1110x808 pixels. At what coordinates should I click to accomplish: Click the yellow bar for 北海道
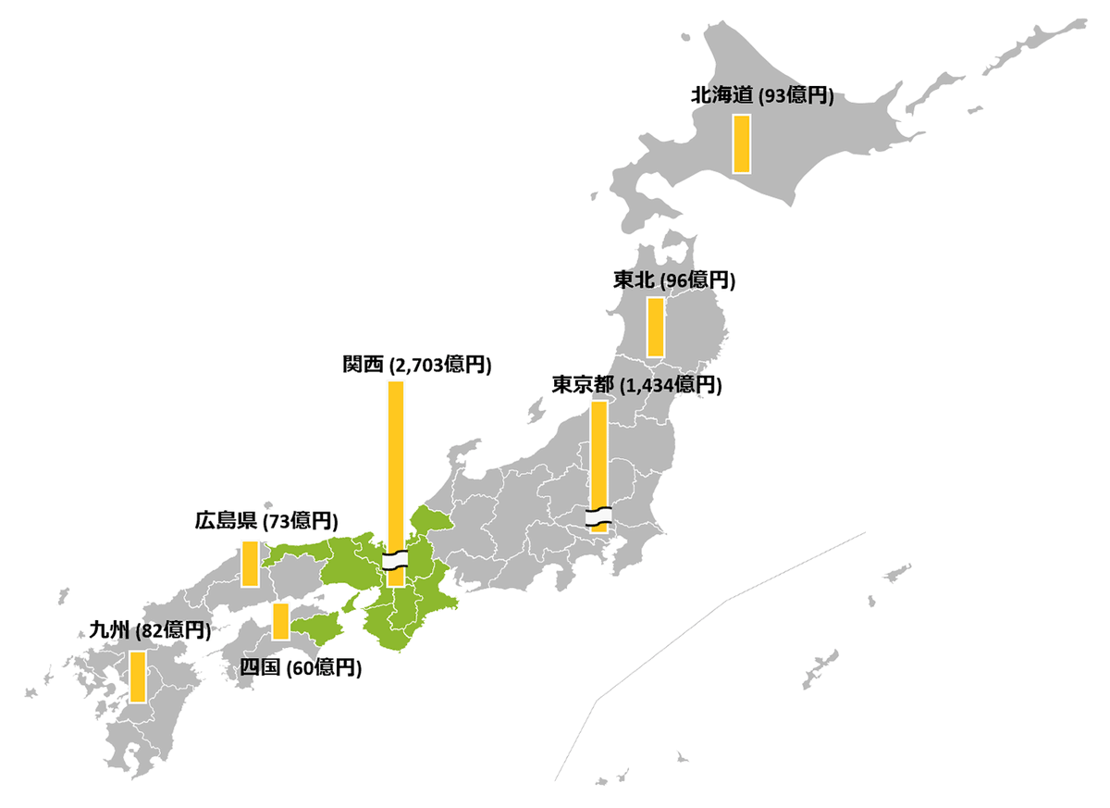[741, 143]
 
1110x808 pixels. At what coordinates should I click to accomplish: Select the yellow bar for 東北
[656, 326]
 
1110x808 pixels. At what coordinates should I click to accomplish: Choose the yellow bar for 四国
[280, 620]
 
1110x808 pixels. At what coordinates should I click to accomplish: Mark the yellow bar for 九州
[138, 676]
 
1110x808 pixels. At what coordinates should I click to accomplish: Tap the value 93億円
[796, 95]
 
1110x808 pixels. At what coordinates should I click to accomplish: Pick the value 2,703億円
[440, 365]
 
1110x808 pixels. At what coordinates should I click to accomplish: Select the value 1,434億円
[671, 385]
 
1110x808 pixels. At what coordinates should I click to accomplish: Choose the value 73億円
[300, 521]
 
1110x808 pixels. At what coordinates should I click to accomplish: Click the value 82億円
[171, 631]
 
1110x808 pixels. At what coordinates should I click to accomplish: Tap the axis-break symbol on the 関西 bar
[396, 560]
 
